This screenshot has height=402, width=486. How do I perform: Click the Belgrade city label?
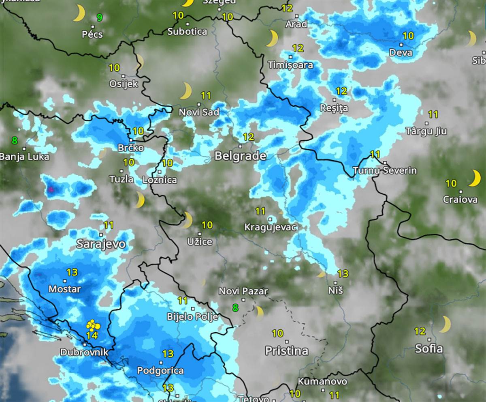pyautogui.click(x=240, y=156)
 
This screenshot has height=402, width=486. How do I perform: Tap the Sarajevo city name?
pyautogui.click(x=101, y=244)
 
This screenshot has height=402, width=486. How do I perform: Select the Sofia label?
pyautogui.click(x=429, y=348)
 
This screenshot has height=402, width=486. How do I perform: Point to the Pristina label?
pyautogui.click(x=287, y=350)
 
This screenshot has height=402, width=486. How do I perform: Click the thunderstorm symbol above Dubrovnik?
pyautogui.click(x=93, y=325)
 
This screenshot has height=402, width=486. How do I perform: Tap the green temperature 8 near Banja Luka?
pyautogui.click(x=15, y=141)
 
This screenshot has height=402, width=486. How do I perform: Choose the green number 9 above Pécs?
pyautogui.click(x=99, y=17)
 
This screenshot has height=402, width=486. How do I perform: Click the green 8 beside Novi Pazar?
pyautogui.click(x=235, y=307)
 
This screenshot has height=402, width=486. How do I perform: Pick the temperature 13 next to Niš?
pyautogui.click(x=343, y=273)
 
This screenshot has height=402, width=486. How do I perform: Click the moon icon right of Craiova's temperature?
pyautogui.click(x=474, y=178)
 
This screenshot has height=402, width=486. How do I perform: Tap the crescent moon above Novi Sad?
pyautogui.click(x=186, y=91)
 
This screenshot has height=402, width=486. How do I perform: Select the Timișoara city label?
pyautogui.click(x=291, y=65)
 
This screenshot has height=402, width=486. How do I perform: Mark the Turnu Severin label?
pyautogui.click(x=384, y=170)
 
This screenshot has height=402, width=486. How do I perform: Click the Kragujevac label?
pyautogui.click(x=271, y=228)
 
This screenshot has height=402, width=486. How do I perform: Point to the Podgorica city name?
pyautogui.click(x=160, y=370)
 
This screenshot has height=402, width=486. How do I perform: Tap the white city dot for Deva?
pyautogui.click(x=401, y=44)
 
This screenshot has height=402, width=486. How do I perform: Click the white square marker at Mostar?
pyautogui.click(x=64, y=281)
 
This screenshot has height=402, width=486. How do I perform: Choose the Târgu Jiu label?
pyautogui.click(x=426, y=131)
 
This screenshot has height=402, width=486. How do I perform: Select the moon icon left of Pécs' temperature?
pyautogui.click(x=79, y=13)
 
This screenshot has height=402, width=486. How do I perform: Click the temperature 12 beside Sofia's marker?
pyautogui.click(x=420, y=331)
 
